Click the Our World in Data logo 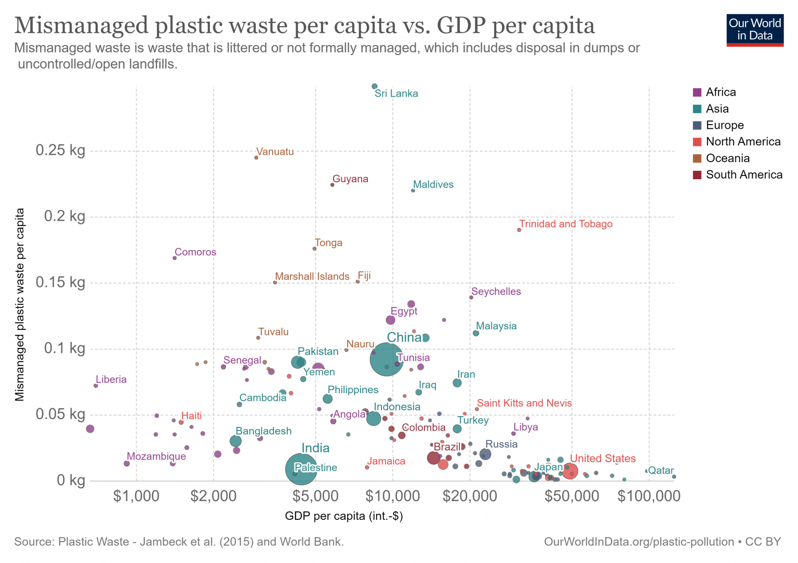754,30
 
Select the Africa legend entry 720,92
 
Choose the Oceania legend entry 727,158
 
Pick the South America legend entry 743,175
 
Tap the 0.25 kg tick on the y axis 60,151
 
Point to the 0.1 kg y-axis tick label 64,348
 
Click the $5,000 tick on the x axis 315,497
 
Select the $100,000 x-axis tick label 648,497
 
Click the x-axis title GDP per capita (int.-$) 344,516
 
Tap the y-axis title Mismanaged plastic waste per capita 20,305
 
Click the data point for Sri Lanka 375,86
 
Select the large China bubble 386,359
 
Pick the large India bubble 301,469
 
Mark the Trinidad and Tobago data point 519,230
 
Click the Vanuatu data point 256,157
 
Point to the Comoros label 195,252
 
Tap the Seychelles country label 496,292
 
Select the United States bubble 570,472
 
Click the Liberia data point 96,385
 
